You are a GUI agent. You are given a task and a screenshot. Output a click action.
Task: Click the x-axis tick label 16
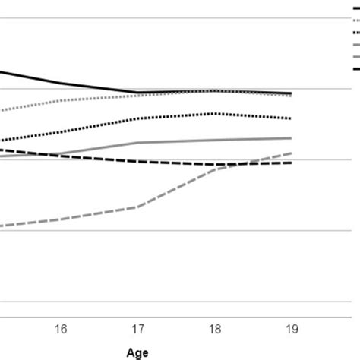(x=61, y=328)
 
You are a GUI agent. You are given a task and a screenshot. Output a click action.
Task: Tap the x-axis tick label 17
(x=137, y=328)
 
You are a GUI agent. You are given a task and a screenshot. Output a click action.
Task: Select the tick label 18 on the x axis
(x=215, y=328)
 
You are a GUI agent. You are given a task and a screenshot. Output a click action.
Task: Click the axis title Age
(x=137, y=352)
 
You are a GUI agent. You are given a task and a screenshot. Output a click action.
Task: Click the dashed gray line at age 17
(x=137, y=206)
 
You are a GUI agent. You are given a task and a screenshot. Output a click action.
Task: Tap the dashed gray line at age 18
(x=215, y=169)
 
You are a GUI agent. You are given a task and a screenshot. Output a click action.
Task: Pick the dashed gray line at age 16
(x=61, y=219)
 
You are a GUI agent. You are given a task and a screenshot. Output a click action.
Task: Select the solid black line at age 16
(x=61, y=83)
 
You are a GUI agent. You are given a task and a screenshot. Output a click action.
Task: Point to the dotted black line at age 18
(x=215, y=113)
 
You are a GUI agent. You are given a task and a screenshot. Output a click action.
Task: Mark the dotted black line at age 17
(x=137, y=118)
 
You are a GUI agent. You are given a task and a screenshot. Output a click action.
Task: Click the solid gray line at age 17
(x=137, y=142)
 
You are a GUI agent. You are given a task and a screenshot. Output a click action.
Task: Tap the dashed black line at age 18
(x=215, y=164)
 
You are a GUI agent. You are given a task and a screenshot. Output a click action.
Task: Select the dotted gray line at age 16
(x=61, y=100)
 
